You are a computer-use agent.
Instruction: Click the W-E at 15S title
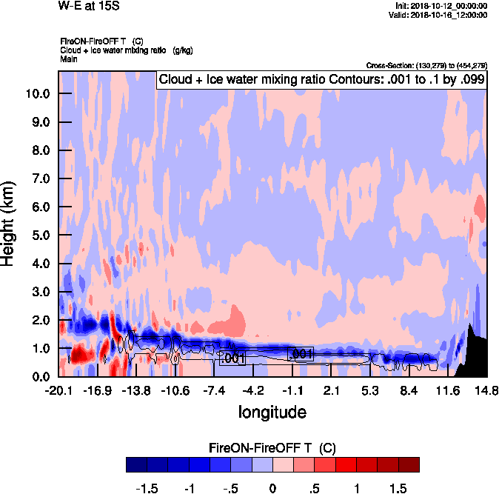coord(88,7)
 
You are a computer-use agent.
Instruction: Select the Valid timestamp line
coord(442,15)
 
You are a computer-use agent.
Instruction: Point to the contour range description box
coord(321,80)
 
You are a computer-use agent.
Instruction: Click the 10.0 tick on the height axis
coord(36,94)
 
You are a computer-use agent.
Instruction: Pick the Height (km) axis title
coord(10,224)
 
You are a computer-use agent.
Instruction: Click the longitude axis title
coord(272,410)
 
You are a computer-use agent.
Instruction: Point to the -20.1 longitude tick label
coord(58,390)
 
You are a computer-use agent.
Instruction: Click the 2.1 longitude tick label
coord(331,390)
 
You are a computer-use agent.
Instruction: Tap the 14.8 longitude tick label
coord(486,390)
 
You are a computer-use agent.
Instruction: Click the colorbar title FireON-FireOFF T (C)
coord(272,447)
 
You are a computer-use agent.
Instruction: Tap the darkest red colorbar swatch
coord(408,464)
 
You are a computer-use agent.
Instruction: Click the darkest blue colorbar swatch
coord(137,464)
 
